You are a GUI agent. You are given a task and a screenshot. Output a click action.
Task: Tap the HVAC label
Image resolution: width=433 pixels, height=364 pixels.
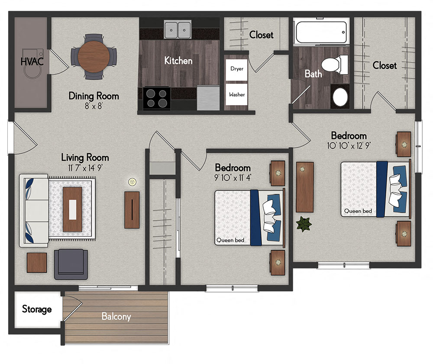point(32,61)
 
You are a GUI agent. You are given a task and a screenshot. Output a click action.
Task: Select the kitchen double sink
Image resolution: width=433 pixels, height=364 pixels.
point(178,30)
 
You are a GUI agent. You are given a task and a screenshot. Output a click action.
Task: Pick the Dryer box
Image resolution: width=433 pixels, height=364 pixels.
point(236,69)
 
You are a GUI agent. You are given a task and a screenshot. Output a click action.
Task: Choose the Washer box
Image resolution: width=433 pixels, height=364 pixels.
point(236,94)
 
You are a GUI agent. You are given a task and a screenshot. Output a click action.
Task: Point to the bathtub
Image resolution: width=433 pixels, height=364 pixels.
point(320,32)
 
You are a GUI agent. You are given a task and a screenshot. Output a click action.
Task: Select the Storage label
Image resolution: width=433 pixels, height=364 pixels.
point(37,309)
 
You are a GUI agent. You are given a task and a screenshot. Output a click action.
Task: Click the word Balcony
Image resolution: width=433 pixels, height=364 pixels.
point(116,316)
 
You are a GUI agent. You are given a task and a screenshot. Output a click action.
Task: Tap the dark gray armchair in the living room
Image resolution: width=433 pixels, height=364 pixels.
point(71,264)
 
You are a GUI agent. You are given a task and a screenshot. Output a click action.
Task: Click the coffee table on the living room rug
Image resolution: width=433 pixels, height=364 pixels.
point(72,209)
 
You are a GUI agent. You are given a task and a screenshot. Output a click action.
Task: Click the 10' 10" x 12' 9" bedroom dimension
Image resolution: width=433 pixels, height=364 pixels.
point(349,145)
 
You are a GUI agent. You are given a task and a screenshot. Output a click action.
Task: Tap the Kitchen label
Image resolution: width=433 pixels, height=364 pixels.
point(178,61)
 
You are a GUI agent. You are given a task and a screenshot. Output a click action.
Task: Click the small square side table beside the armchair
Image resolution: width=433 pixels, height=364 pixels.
point(37,262)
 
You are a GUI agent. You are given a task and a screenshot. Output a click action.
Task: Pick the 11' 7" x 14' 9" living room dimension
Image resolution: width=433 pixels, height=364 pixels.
point(85,168)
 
